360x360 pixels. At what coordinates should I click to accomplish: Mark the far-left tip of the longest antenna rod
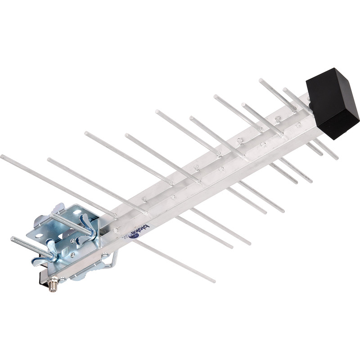point(2,157)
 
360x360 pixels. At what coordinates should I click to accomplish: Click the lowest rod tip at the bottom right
point(213,281)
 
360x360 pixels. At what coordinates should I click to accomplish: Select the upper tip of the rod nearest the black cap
point(285,89)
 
